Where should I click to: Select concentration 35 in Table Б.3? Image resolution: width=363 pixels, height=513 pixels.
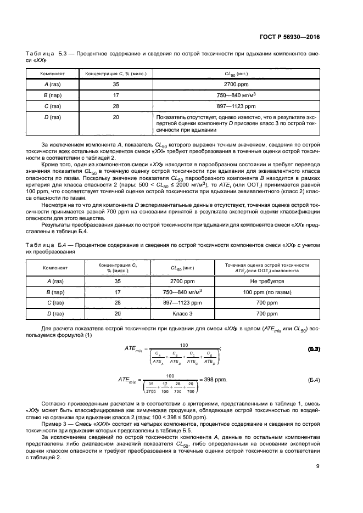tap(115, 84)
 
